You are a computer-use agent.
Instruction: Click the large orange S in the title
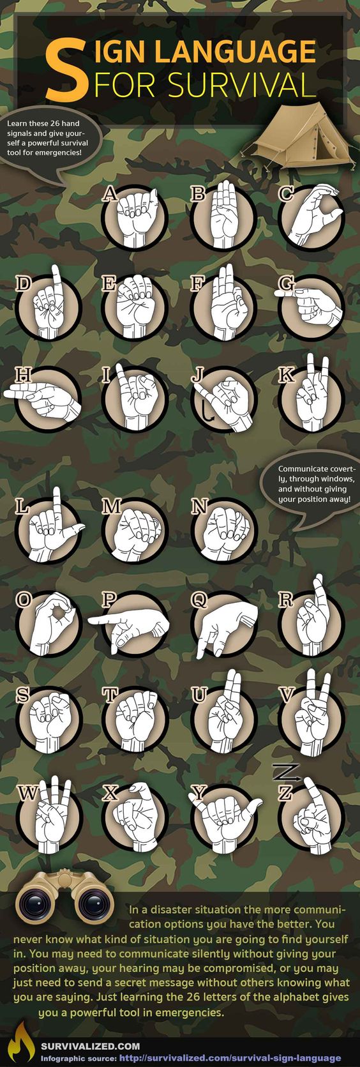66,67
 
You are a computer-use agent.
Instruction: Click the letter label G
286,284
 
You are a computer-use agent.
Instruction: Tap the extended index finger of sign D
56,279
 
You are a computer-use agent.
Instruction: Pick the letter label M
112,506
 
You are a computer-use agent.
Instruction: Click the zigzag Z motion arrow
286,771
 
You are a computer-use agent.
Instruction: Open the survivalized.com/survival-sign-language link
230,1058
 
